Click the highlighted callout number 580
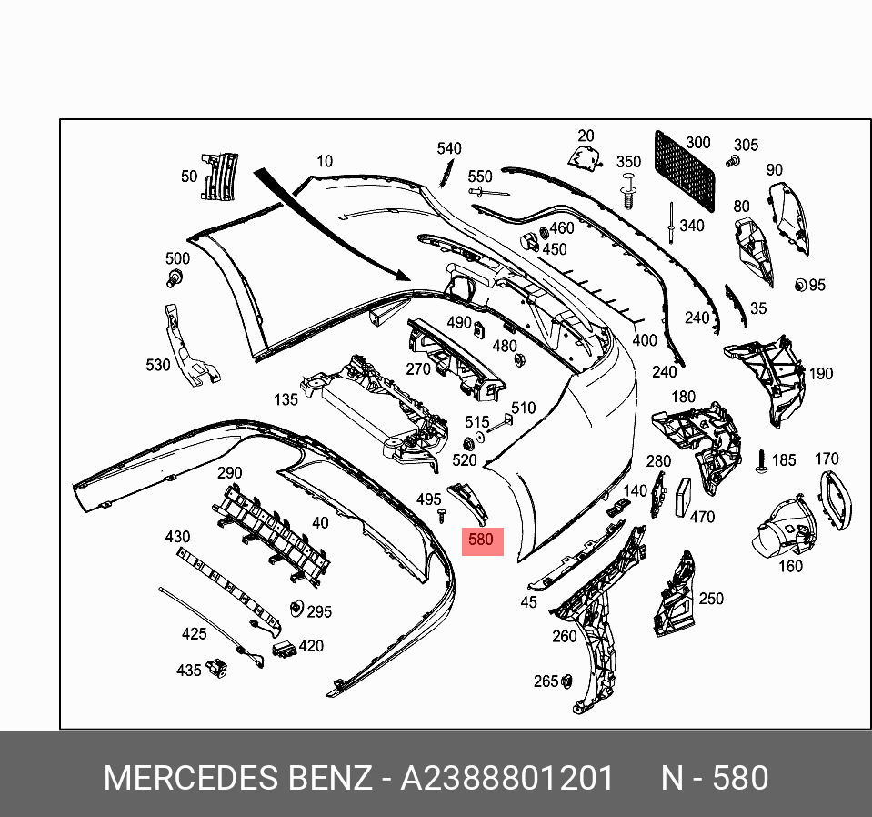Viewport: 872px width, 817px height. point(480,540)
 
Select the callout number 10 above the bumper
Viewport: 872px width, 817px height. point(324,161)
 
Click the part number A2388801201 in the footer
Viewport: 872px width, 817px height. point(507,779)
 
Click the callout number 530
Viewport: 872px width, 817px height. point(158,365)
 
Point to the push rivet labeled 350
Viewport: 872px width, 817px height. point(628,191)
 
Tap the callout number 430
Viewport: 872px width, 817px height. point(177,537)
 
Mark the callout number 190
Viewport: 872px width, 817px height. point(821,373)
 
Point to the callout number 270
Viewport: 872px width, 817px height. point(418,368)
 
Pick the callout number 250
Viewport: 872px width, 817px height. point(711,598)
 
